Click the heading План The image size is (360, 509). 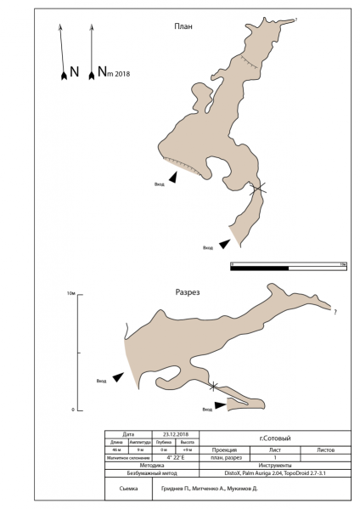pyautogui.click(x=183, y=26)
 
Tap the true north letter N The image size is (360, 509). pyautogui.click(x=74, y=72)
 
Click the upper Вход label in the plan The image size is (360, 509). pyautogui.click(x=158, y=183)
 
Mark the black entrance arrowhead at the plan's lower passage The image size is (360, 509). pyautogui.click(x=223, y=244)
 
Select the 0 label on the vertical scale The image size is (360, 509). pyautogui.click(x=73, y=410)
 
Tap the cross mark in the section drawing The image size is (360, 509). pyautogui.click(x=212, y=387)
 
